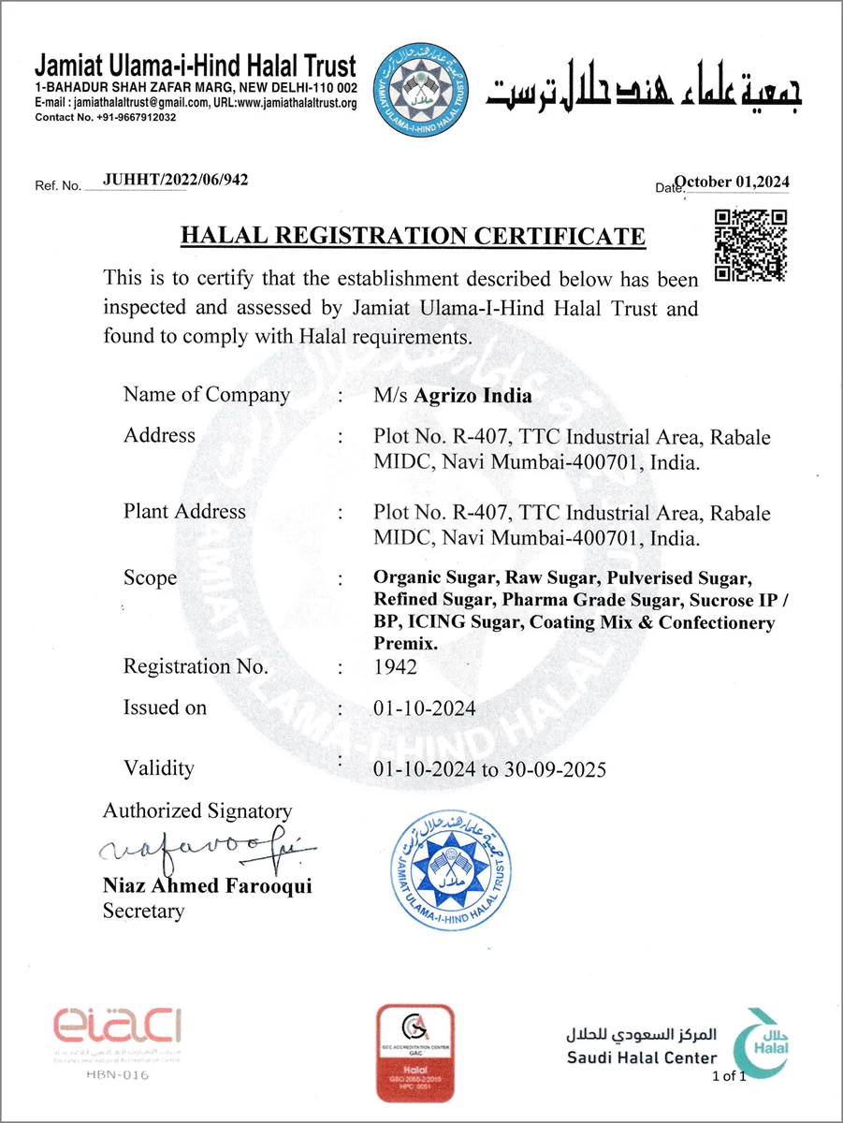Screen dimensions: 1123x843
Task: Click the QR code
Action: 750,245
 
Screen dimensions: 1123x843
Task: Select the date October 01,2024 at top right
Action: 733,182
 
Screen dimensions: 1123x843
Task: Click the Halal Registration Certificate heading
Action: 413,235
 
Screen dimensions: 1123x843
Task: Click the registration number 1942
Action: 395,667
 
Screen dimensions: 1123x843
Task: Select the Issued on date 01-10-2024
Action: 424,708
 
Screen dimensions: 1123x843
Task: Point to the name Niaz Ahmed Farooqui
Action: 207,885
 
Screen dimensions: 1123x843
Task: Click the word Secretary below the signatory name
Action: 143,911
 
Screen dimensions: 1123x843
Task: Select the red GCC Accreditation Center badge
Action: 414,1051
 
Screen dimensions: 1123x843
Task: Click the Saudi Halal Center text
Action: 642,1057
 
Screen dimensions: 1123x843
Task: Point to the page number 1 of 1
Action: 730,1076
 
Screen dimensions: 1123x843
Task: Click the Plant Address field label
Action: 184,512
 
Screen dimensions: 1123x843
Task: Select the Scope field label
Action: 150,578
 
